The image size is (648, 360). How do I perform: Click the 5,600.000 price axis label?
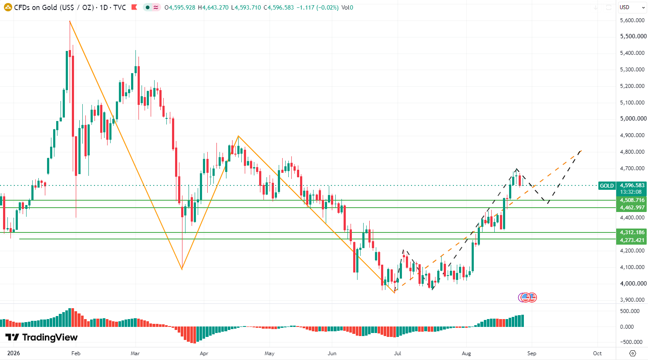tap(632, 20)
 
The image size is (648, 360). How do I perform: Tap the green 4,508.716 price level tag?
tap(632, 200)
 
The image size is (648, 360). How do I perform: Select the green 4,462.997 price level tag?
tap(632, 208)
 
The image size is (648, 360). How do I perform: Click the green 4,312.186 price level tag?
tap(632, 232)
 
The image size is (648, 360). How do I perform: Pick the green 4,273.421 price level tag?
tap(632, 240)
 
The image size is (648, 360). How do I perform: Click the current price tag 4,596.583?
tap(632, 185)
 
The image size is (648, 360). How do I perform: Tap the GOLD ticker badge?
tap(607, 185)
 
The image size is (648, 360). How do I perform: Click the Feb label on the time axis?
tap(76, 353)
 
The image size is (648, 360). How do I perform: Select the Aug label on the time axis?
tap(466, 353)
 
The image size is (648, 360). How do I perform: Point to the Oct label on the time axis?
tap(597, 353)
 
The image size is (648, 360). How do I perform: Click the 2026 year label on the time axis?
tap(13, 353)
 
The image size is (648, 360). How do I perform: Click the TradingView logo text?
tap(42, 337)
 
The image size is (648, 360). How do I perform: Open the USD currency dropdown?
tap(632, 7)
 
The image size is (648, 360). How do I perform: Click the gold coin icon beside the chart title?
tap(8, 7)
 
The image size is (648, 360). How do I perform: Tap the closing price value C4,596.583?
tap(279, 7)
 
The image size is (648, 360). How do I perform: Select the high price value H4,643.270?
tap(213, 7)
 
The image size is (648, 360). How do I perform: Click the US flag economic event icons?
tap(527, 297)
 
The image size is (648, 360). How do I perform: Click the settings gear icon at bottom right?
tap(633, 353)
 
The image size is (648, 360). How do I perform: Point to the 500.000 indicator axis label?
tap(629, 311)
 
